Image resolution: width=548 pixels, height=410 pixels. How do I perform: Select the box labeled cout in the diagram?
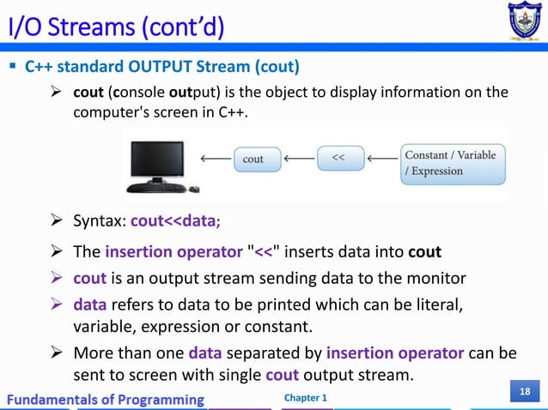point(253,159)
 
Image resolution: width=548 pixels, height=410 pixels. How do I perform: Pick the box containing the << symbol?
point(338,159)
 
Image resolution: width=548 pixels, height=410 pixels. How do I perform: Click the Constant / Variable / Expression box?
point(452,164)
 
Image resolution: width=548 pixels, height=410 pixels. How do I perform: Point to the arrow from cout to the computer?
point(215,159)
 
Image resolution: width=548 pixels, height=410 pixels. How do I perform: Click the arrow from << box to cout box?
point(299,159)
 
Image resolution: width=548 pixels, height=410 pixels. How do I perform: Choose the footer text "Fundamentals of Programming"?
point(107,399)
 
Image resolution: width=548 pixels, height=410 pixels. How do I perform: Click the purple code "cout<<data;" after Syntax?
point(176,220)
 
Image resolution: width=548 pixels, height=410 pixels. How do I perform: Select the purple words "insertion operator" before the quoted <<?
point(174,252)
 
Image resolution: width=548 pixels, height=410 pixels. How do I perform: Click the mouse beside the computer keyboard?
point(195,189)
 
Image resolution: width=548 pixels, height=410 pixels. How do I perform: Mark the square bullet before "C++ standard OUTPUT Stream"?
point(14,66)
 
